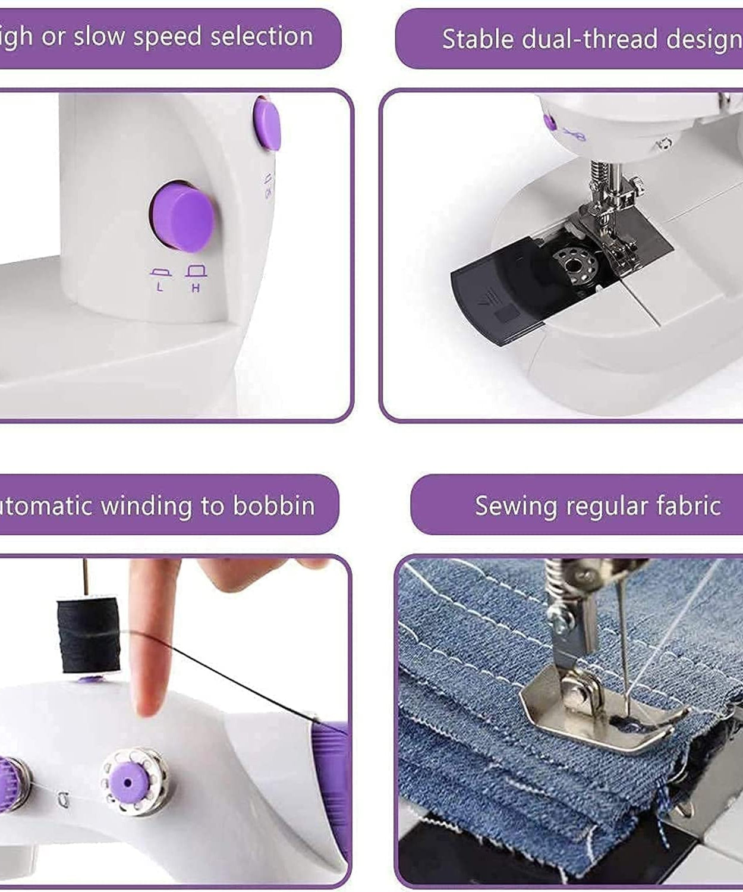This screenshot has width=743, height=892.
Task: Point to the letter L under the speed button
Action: point(159,288)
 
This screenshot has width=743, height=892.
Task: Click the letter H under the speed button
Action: point(196,288)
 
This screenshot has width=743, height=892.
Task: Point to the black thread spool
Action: point(89,635)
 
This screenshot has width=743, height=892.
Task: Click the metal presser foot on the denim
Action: point(600,714)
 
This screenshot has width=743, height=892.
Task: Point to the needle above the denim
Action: point(623,642)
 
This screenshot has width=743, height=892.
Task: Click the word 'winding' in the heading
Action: point(147,507)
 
